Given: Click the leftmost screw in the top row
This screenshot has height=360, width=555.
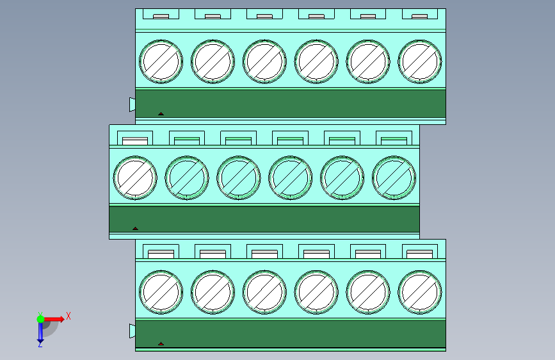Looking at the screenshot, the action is (x=161, y=61).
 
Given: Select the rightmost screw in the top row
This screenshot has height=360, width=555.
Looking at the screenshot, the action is (x=420, y=61).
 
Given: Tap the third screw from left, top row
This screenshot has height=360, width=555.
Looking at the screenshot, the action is (x=264, y=61).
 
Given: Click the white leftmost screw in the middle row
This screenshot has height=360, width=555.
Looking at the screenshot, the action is (x=135, y=177).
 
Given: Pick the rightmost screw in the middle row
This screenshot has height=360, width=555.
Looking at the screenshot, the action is (x=394, y=177).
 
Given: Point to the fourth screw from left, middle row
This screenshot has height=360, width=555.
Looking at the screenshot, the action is (x=290, y=177).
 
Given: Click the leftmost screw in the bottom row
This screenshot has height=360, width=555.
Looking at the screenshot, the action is (x=161, y=292).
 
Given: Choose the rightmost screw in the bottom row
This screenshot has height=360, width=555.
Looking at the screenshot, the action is (x=420, y=292).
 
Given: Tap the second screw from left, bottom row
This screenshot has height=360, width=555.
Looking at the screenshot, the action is (x=213, y=292).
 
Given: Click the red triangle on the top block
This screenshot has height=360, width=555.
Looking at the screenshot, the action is (x=161, y=114).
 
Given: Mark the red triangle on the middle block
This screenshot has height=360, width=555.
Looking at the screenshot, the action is (x=135, y=229).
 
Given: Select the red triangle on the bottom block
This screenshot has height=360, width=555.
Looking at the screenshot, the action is (x=161, y=343).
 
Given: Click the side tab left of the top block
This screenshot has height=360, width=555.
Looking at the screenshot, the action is (x=133, y=104).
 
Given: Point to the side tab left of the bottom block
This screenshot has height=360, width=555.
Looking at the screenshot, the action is (x=133, y=331).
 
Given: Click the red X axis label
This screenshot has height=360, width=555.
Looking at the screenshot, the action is (x=68, y=316).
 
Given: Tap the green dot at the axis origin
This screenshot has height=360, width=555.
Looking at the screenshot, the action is (x=41, y=319).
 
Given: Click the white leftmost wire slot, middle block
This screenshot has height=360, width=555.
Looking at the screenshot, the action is (x=135, y=141).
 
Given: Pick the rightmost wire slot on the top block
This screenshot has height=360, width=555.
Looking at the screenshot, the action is (x=420, y=16).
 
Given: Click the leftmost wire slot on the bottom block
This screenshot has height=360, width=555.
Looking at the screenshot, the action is (x=161, y=254).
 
